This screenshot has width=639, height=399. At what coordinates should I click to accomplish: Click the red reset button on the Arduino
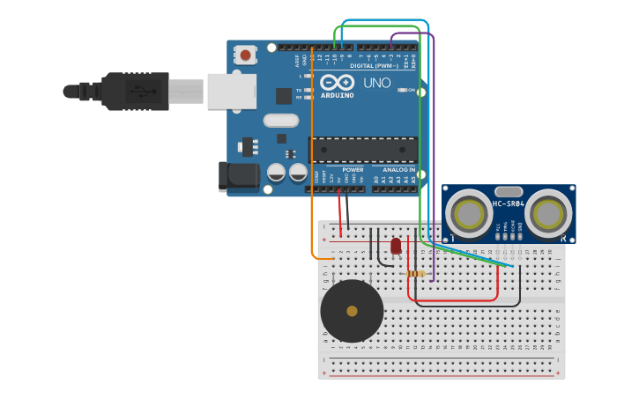245,55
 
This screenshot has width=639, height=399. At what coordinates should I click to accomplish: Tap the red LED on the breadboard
396,246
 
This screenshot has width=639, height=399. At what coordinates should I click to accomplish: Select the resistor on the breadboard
416,274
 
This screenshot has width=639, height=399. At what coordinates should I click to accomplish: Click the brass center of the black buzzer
352,311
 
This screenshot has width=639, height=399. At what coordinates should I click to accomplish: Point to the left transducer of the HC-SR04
469,214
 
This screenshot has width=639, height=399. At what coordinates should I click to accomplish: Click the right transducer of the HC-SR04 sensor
550,214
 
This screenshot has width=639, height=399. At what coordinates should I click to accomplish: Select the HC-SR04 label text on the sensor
509,204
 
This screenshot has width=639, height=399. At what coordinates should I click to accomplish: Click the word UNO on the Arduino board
376,83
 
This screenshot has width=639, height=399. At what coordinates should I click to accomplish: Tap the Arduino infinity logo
337,82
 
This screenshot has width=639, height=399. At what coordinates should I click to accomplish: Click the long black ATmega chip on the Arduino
362,149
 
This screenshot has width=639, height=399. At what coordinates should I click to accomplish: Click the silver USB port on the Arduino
232,91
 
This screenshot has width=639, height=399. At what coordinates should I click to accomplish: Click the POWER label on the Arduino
353,169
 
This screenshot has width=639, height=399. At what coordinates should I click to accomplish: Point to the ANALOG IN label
398,169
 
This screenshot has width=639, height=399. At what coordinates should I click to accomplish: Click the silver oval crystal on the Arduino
281,121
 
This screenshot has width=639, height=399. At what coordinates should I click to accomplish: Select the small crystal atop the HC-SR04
509,191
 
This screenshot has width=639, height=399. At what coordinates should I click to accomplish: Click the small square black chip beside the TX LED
284,96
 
